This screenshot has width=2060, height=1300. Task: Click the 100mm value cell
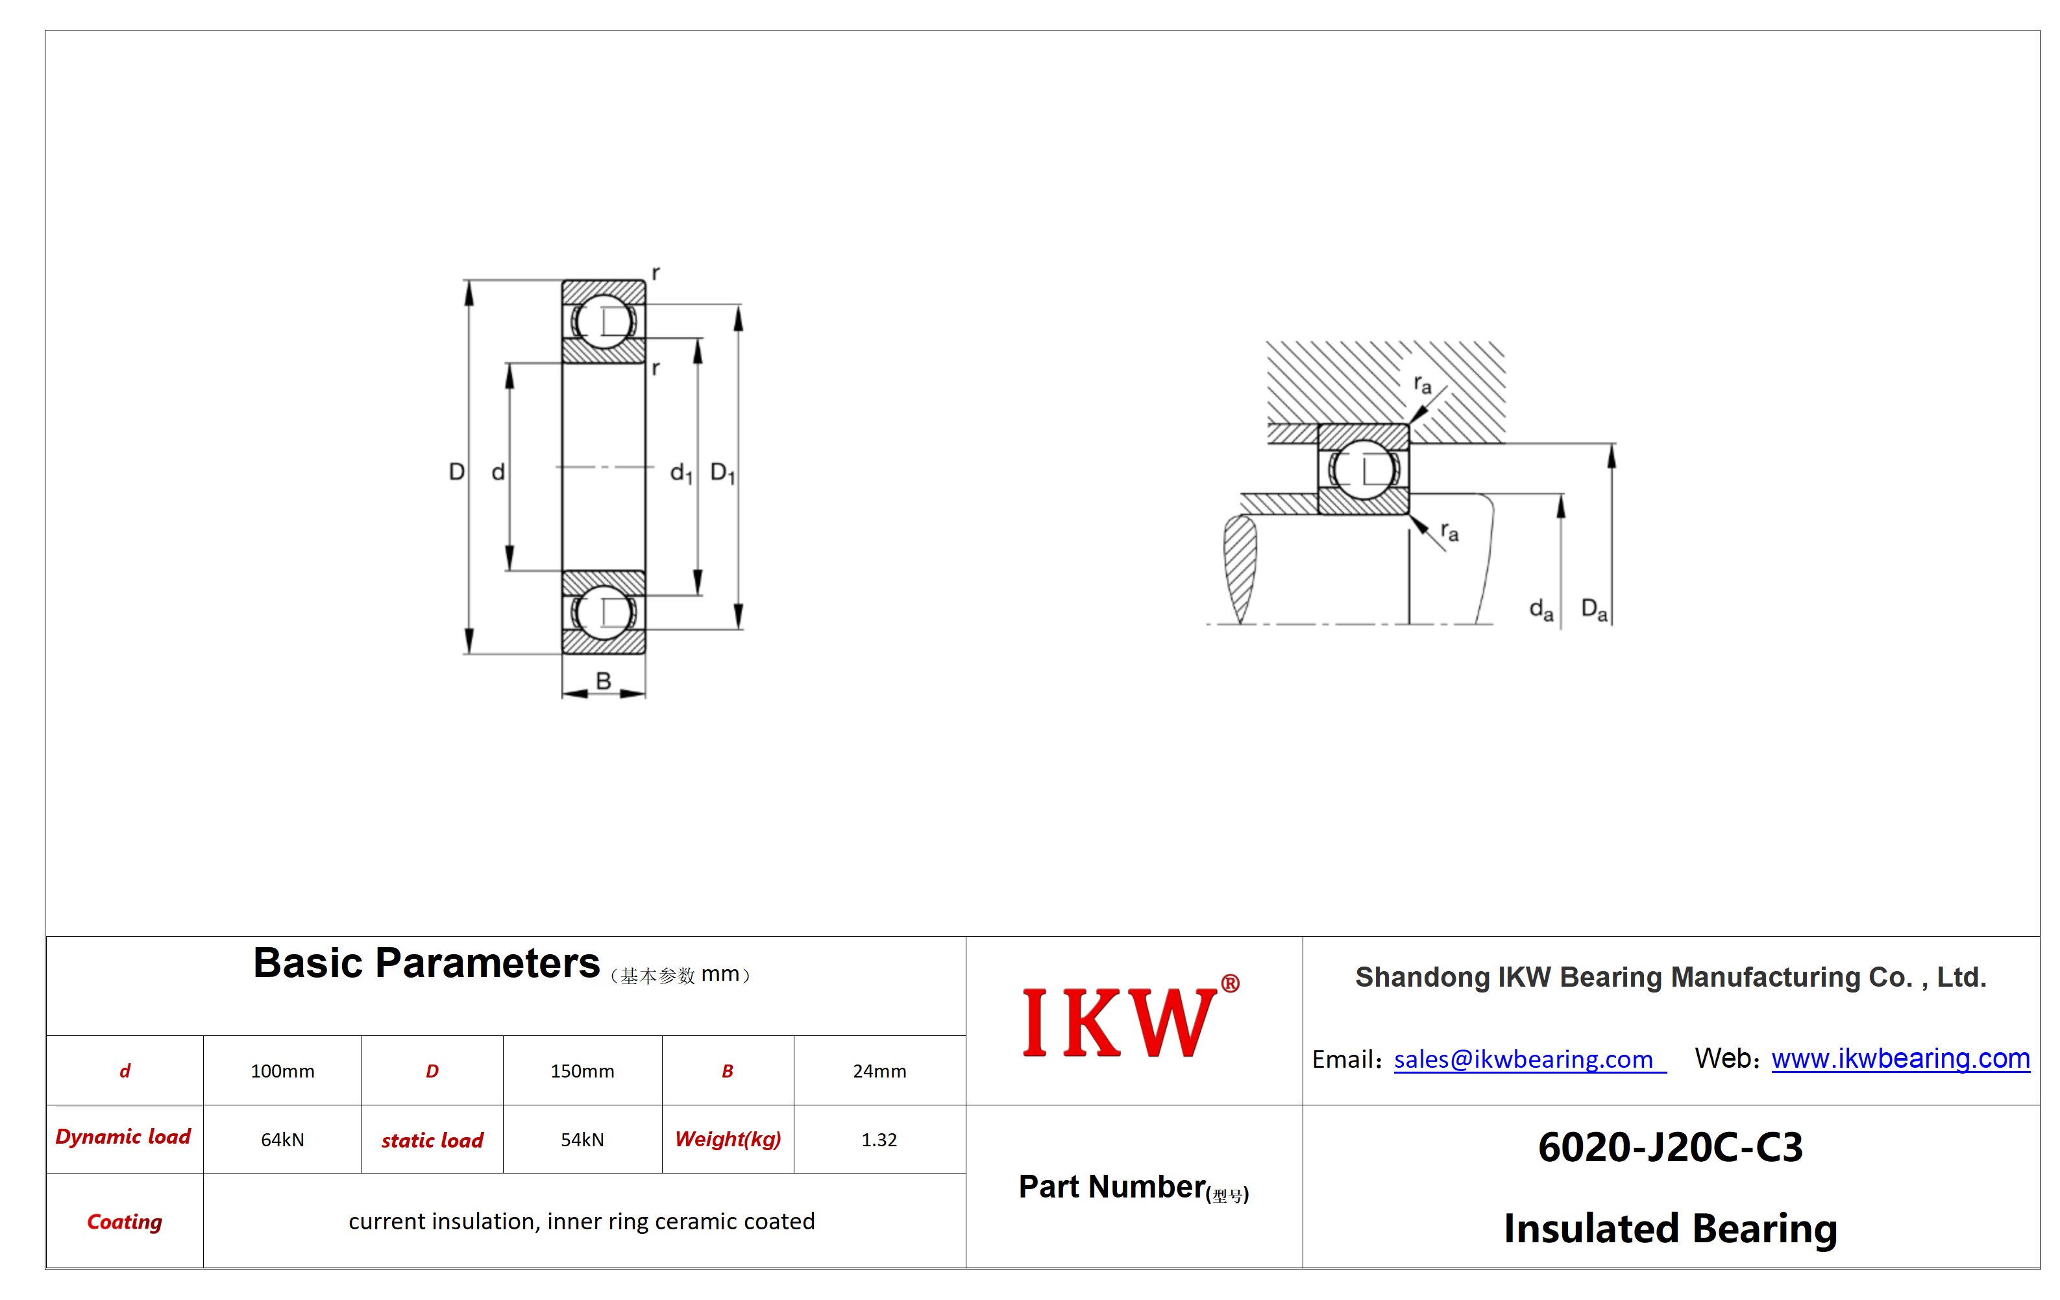click(x=282, y=1071)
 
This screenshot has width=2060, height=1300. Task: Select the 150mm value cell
click(x=582, y=1071)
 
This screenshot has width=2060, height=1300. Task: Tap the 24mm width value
click(x=879, y=1071)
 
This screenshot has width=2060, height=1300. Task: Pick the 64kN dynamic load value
click(x=282, y=1139)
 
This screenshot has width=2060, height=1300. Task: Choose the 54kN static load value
click(x=582, y=1139)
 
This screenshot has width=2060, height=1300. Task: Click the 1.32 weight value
click(x=879, y=1139)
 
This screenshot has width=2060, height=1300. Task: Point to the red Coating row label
click(x=125, y=1222)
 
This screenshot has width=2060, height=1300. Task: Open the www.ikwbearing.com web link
click(x=1900, y=1059)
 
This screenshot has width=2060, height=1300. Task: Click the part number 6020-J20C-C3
click(x=1670, y=1147)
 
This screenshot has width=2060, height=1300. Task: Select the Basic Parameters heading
click(x=426, y=963)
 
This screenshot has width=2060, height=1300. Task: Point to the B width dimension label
click(x=603, y=680)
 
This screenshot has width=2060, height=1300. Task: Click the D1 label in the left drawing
click(x=723, y=472)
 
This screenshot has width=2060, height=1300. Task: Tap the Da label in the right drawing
click(x=1594, y=610)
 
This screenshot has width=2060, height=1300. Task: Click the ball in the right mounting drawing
click(x=1364, y=470)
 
